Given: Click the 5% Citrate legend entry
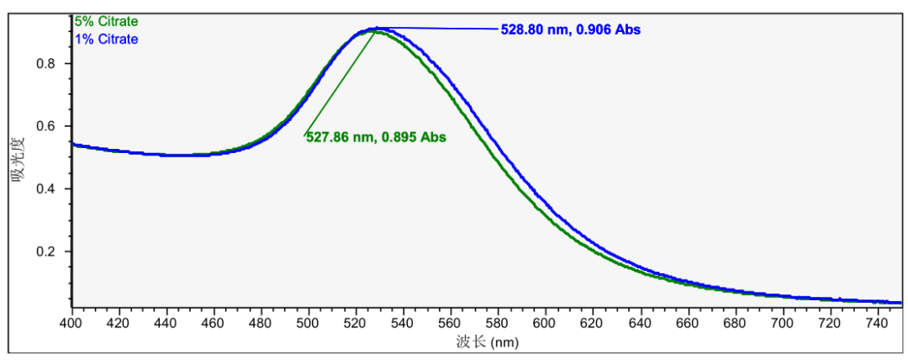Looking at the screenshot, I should click(106, 21).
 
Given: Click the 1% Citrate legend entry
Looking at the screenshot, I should click(106, 39).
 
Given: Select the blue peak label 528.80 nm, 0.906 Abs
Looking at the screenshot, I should click(570, 29).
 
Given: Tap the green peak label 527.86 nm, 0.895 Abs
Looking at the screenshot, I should click(375, 137).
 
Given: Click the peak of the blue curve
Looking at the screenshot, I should click(376, 29).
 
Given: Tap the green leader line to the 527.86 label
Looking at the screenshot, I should click(340, 82).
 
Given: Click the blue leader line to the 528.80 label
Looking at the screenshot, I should click(437, 29).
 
